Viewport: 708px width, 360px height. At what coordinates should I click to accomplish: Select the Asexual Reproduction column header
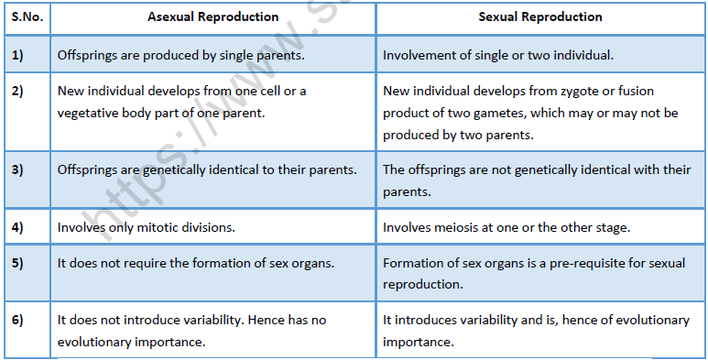coord(213,17)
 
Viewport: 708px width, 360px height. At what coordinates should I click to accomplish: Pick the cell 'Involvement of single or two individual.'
coord(498,55)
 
